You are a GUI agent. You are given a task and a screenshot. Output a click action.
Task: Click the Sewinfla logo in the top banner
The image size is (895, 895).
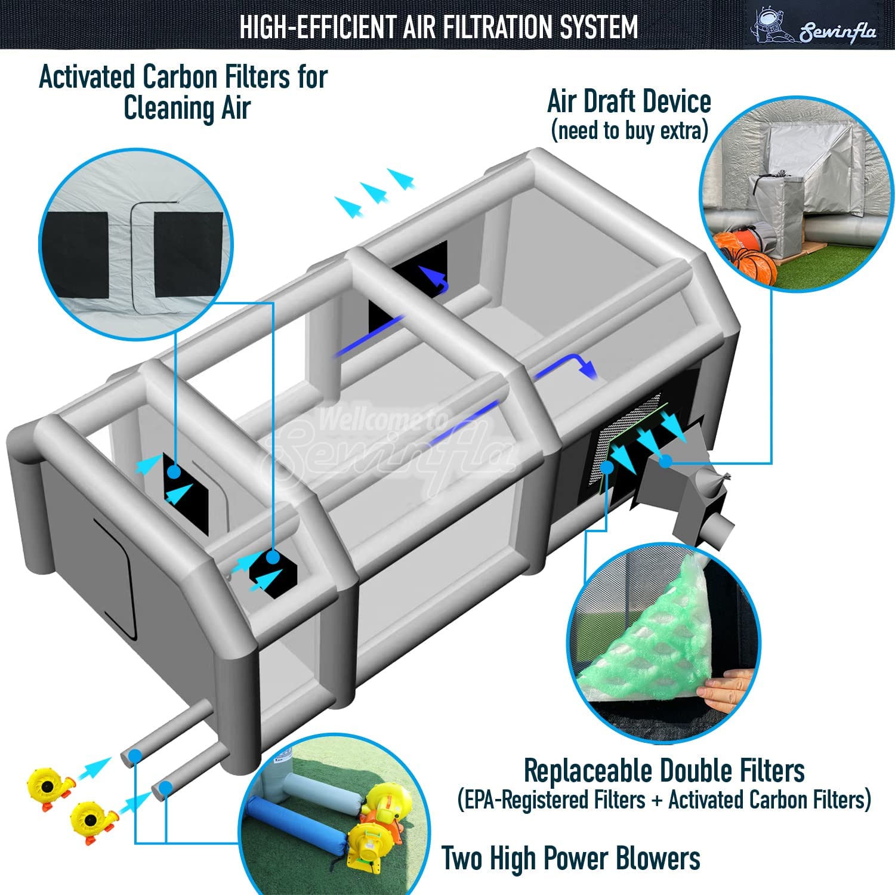[x=815, y=27]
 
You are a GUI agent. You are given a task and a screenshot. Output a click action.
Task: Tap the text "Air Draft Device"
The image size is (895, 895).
[x=629, y=101]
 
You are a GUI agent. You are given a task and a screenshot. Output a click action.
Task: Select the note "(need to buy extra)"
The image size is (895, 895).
[x=629, y=130]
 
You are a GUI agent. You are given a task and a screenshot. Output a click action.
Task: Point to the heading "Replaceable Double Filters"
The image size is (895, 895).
[x=663, y=770]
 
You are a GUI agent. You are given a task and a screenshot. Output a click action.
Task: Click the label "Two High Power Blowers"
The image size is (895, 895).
[x=570, y=859]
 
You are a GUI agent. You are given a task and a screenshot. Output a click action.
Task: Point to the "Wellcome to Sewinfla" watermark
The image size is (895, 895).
[x=388, y=442]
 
